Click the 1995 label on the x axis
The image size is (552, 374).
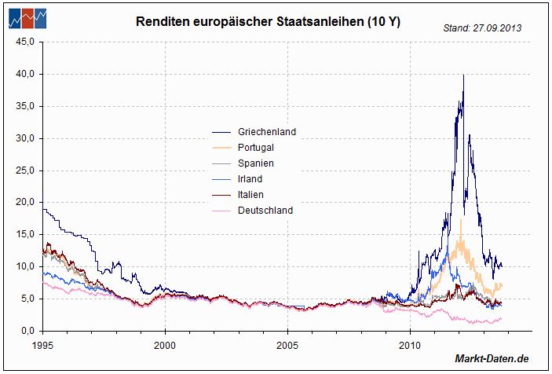pos(43,343)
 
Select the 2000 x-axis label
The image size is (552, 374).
pos(166,343)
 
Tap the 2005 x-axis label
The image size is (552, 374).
pos(288,343)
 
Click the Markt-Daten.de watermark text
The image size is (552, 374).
pos(492,359)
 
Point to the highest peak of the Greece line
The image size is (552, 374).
pos(463,75)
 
